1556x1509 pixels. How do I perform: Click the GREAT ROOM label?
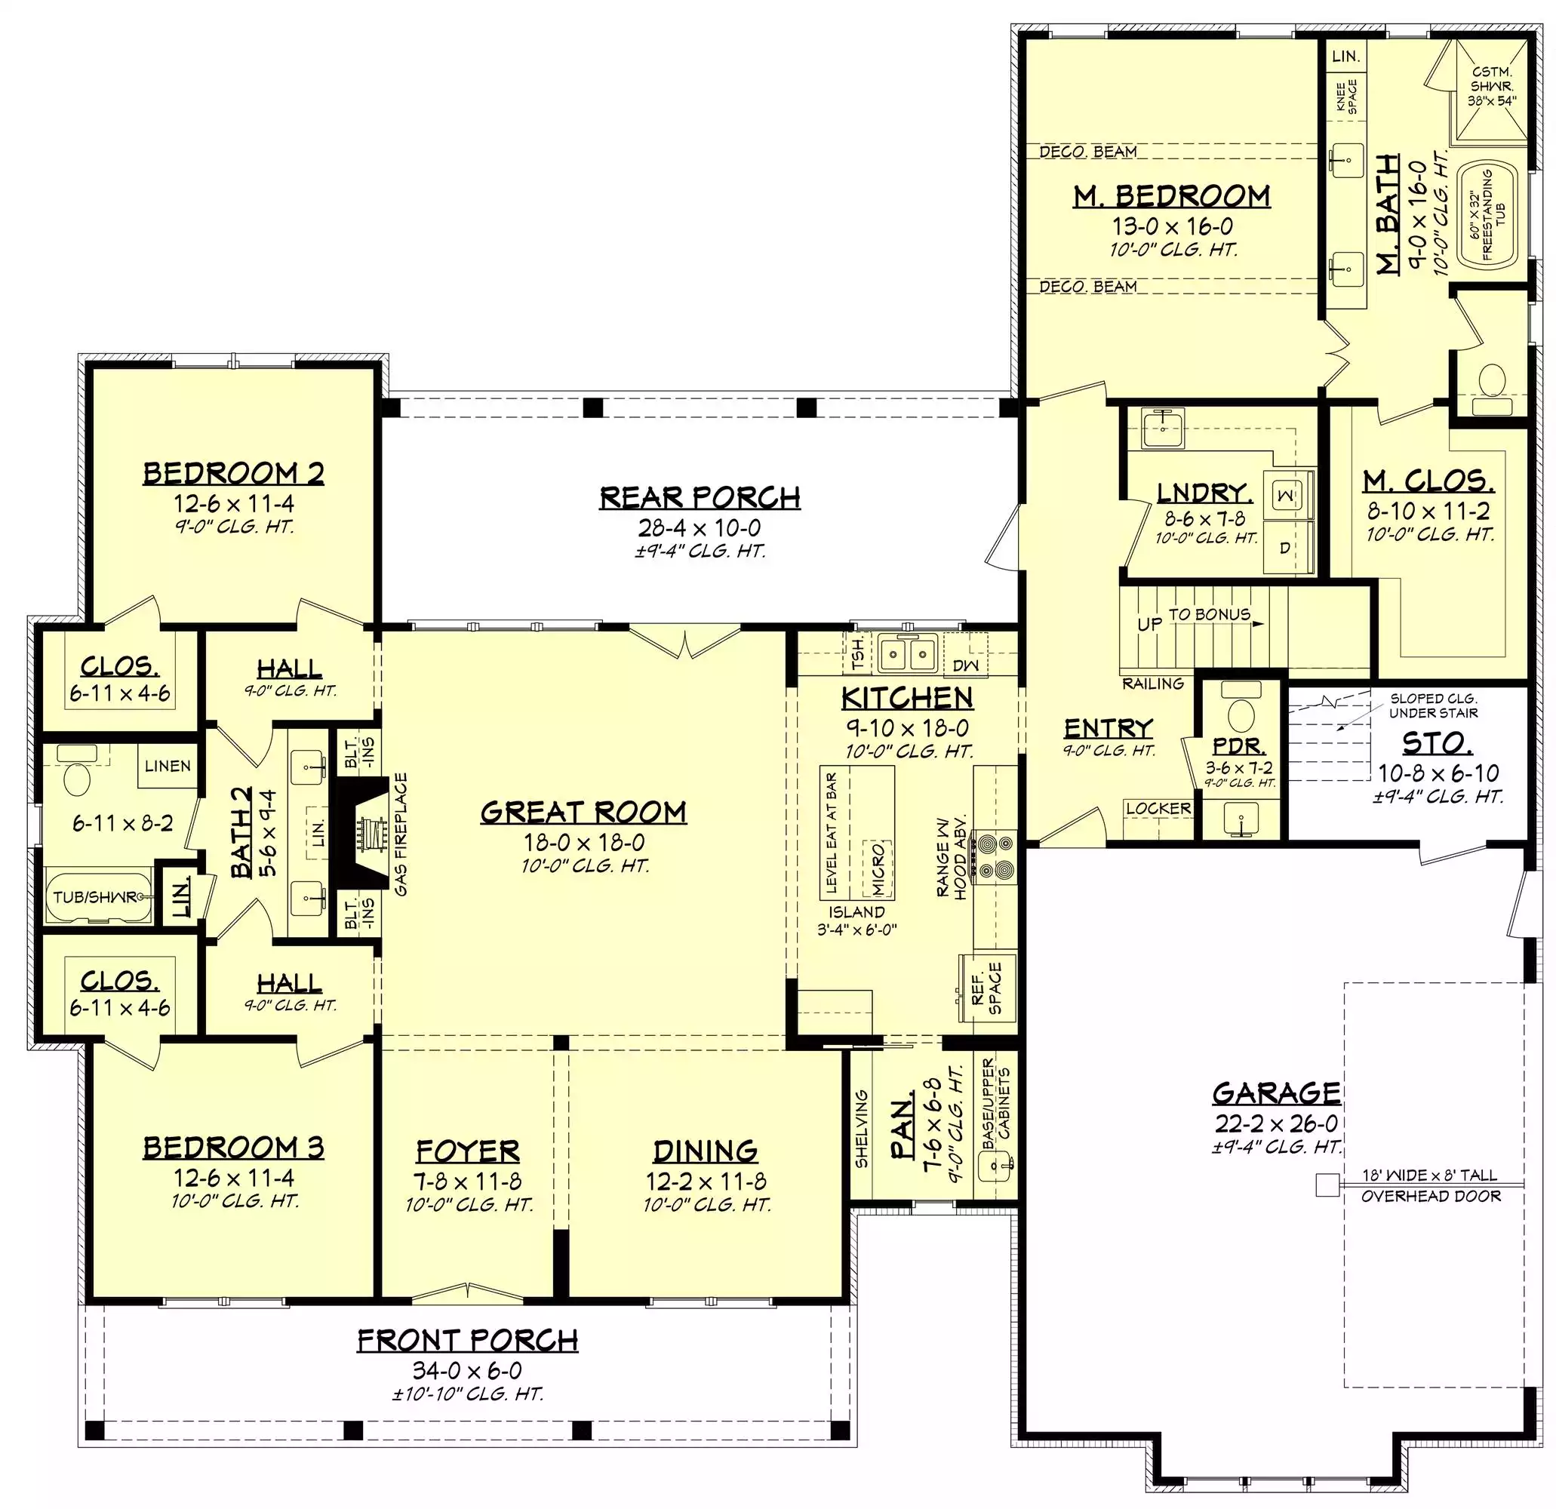click(x=583, y=812)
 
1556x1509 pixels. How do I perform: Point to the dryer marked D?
click(x=1287, y=547)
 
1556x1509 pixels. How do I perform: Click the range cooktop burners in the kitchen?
click(x=995, y=858)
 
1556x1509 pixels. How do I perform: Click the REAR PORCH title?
click(x=700, y=498)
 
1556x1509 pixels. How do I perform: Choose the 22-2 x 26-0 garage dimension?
click(x=1276, y=1124)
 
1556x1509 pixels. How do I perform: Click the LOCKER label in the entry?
click(x=1158, y=808)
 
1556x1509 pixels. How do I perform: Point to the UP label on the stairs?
click(x=1149, y=624)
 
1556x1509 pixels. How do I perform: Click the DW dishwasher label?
click(x=965, y=665)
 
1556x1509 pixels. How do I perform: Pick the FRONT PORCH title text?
click(x=468, y=1341)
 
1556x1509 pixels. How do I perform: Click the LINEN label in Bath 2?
click(x=168, y=766)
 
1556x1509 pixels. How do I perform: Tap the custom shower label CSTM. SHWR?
click(x=1492, y=78)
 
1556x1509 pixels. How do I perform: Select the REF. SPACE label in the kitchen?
click(x=987, y=989)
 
